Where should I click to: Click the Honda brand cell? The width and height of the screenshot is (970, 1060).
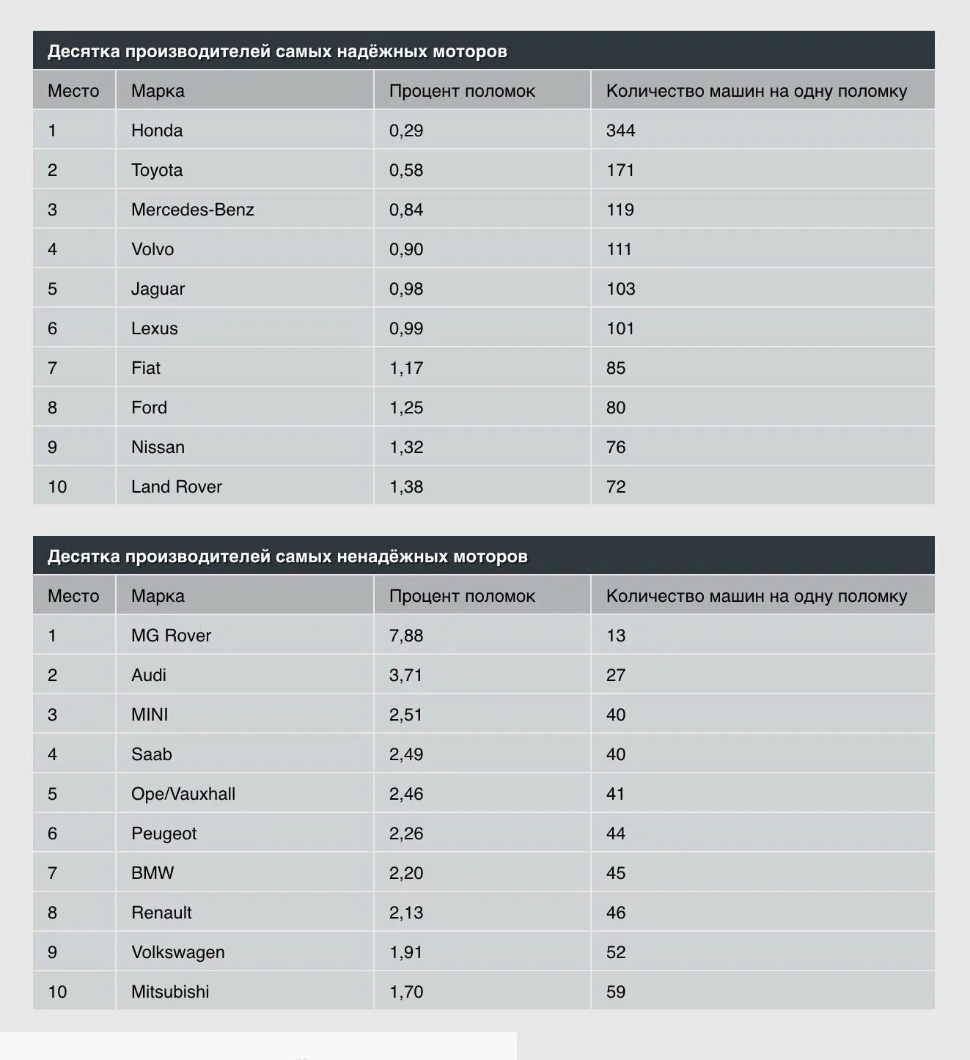[x=157, y=130]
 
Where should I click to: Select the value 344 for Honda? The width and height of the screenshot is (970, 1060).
[x=620, y=130]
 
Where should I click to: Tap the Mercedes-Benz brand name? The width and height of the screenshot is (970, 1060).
[x=192, y=210]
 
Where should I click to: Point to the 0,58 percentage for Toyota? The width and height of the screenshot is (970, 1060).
[x=406, y=170]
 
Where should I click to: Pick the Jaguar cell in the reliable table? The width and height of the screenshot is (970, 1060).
[x=158, y=289]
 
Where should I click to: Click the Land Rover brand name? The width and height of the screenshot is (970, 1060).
[x=176, y=487]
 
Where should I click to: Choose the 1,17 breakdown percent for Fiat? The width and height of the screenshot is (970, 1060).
[x=406, y=368]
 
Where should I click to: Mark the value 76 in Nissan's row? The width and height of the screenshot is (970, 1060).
[x=616, y=447]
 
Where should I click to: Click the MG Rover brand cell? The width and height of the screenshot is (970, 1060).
[x=171, y=636]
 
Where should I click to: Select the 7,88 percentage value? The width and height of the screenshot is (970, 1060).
[x=406, y=636]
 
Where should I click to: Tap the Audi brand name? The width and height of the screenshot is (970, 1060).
[x=149, y=675]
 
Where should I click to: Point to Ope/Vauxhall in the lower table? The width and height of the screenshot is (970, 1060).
[x=183, y=794]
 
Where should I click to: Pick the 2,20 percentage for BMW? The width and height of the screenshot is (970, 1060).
[x=406, y=873]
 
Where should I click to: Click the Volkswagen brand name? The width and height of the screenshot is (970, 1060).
[x=178, y=952]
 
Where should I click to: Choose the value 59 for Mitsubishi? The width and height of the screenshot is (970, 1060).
[x=616, y=992]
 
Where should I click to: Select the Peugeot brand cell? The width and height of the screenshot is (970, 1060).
[x=163, y=833]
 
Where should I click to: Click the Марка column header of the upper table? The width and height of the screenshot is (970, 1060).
[x=158, y=91]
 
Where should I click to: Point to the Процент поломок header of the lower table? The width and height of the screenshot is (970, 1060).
[x=462, y=596]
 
